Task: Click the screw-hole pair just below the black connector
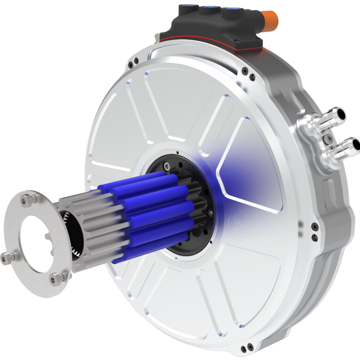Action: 249,72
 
